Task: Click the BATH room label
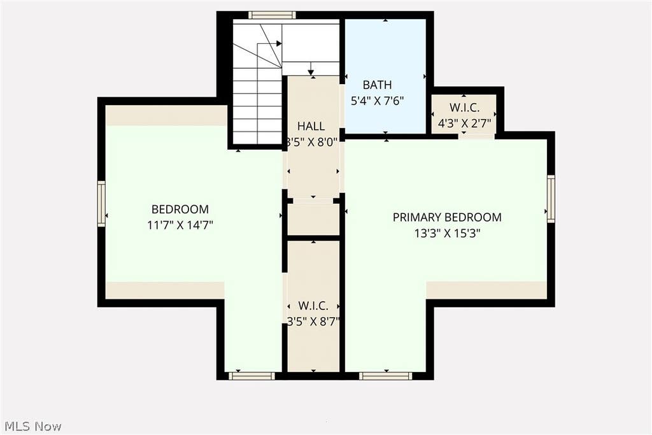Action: pos(377,85)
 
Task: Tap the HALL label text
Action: pos(311,126)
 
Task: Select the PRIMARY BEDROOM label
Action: pos(447,217)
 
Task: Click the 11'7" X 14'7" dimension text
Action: pos(180,225)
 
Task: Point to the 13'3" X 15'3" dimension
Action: pos(447,233)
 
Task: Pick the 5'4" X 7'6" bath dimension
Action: pos(377,101)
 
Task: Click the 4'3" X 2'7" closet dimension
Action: pos(464,123)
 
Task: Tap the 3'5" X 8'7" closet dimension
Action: pos(313,321)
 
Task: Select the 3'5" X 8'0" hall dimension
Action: pos(311,142)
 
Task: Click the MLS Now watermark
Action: pos(33,426)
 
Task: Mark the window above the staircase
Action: pos(272,15)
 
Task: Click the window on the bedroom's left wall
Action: pos(101,204)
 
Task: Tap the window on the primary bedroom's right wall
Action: pos(551,199)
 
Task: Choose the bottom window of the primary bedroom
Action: pos(385,376)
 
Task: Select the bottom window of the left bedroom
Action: pos(252,376)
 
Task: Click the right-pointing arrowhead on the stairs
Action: pos(279,43)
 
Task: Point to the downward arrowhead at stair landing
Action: pos(311,73)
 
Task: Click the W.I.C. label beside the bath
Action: pos(464,107)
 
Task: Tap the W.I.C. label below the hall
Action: pos(313,306)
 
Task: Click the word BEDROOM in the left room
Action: pos(180,209)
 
